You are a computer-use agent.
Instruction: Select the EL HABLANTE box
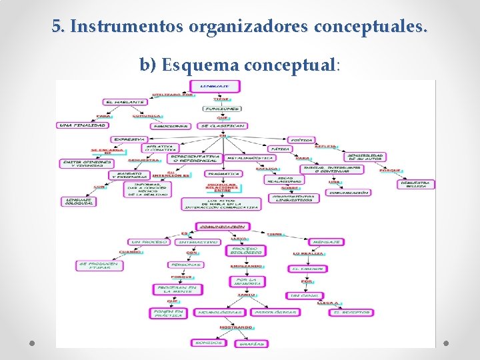(124, 102)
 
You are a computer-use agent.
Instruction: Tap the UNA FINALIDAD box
(82, 125)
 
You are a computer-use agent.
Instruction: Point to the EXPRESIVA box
(129, 139)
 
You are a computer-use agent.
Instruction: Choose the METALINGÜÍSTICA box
(250, 158)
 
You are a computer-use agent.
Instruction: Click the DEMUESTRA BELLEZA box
(417, 183)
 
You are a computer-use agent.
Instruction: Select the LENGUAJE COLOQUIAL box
(78, 201)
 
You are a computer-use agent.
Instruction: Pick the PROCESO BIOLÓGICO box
(245, 251)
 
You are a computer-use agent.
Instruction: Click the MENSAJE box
(326, 242)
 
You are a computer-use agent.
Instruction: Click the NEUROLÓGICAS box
(217, 312)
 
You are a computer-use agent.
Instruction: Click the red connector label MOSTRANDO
(236, 328)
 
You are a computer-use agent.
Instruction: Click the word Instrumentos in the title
(127, 27)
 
